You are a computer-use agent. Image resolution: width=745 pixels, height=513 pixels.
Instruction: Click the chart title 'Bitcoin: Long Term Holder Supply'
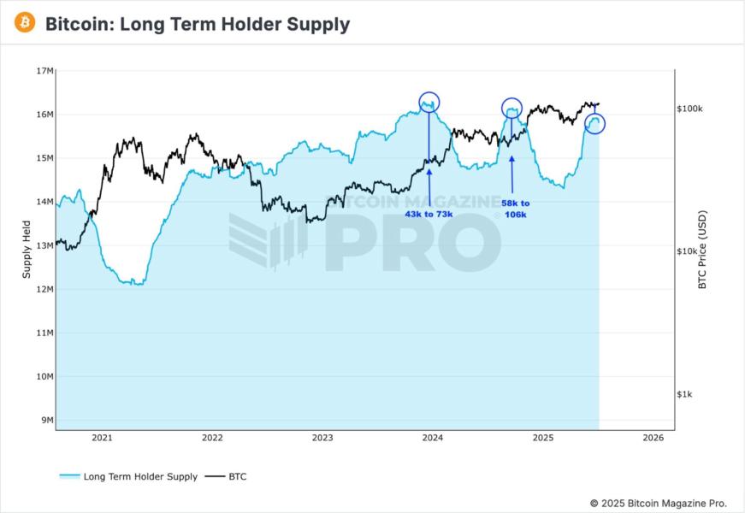tap(197, 24)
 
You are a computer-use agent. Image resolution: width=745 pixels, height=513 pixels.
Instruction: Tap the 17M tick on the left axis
tap(44, 71)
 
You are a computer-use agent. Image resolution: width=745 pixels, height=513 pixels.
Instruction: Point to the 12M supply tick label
tap(44, 289)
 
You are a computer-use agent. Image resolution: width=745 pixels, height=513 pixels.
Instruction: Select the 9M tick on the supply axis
tap(47, 420)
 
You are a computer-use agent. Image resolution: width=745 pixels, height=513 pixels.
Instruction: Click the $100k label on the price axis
tap(690, 109)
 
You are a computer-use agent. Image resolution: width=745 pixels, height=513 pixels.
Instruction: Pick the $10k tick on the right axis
tap(689, 251)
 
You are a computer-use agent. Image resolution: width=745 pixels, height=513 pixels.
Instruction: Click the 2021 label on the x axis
tap(102, 438)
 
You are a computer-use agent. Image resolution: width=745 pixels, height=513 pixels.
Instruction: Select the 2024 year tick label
tap(433, 438)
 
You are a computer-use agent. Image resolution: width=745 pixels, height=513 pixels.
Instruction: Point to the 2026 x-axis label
tap(653, 438)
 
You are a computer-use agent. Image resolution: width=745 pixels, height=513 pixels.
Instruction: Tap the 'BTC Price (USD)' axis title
tap(703, 249)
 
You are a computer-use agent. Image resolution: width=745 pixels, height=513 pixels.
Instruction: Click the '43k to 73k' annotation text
tap(429, 214)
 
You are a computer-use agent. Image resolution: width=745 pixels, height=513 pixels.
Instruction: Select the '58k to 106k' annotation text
tap(515, 209)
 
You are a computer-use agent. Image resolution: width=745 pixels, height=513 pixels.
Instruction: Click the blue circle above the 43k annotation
tap(429, 102)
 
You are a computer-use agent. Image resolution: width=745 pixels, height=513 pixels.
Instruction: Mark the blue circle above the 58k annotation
tap(511, 108)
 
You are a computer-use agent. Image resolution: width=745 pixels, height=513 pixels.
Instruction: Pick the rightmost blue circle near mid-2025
tap(594, 123)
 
